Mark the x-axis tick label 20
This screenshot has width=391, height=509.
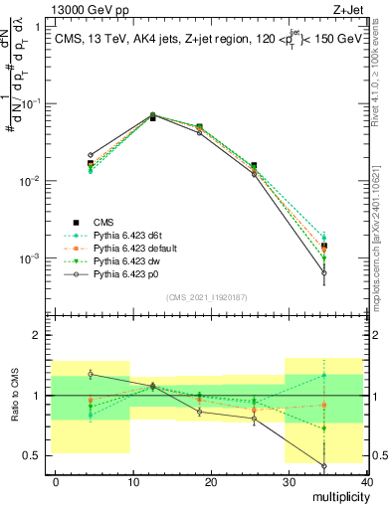(x=210, y=481)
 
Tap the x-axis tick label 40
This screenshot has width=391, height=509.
(x=365, y=481)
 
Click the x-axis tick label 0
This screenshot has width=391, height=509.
(x=56, y=481)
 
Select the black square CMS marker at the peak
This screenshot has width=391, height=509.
(x=152, y=116)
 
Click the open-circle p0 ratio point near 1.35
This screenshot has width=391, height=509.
(x=91, y=374)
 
